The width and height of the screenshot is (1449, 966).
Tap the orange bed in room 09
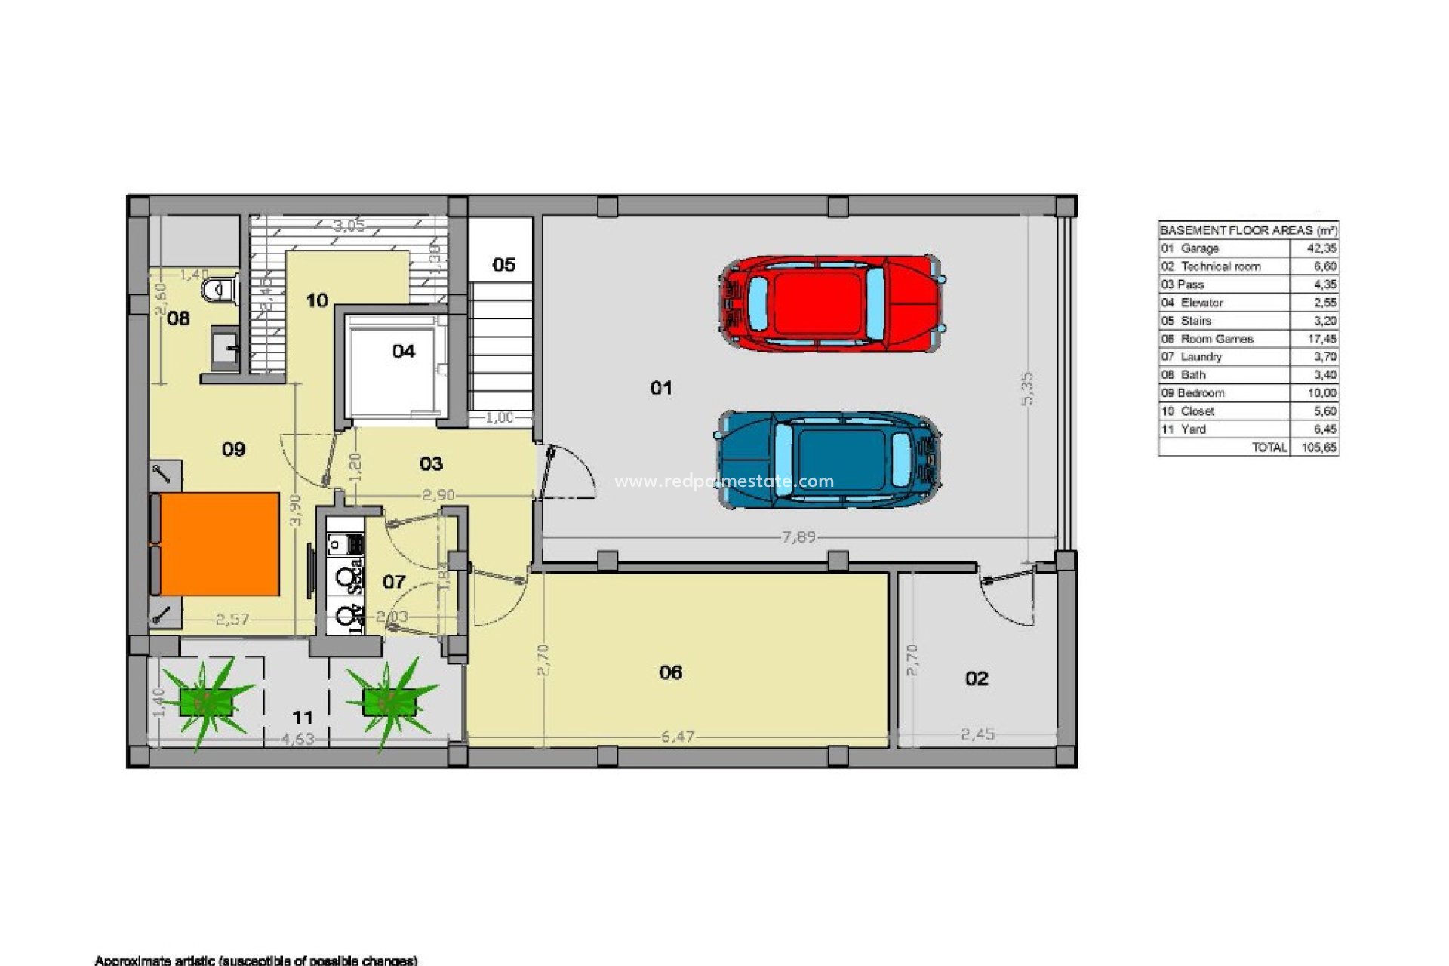click(220, 544)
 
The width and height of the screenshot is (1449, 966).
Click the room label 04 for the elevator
click(404, 351)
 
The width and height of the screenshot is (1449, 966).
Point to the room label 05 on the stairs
click(503, 265)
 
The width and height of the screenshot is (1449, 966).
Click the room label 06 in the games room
click(670, 672)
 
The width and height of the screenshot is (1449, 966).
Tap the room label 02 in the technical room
click(977, 678)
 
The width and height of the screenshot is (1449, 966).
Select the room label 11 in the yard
click(303, 717)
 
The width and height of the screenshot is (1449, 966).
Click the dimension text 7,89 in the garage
click(798, 537)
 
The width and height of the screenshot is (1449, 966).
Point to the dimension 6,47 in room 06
click(678, 736)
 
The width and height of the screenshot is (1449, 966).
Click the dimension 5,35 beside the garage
click(1027, 389)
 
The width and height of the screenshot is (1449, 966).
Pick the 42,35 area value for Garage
click(1321, 248)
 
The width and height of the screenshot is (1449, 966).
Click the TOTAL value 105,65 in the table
click(1319, 448)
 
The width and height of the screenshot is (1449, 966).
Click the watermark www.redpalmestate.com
click(724, 481)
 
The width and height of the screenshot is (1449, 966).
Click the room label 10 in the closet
click(317, 300)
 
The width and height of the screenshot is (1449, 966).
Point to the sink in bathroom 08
click(224, 349)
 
